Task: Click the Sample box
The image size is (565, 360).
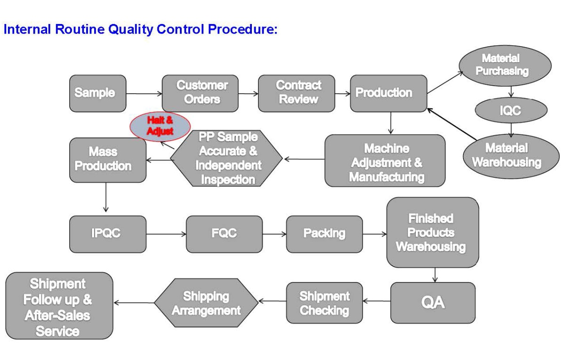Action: (98, 93)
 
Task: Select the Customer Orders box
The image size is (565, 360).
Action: (200, 93)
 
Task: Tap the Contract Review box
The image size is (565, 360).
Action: (297, 93)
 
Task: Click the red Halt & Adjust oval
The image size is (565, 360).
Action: (160, 126)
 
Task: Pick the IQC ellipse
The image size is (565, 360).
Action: (511, 110)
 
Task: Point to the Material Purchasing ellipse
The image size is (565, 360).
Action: (505, 65)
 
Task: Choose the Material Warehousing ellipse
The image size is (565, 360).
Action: (511, 156)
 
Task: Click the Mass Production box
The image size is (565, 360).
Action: (108, 160)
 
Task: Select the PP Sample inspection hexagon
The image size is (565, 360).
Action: (226, 158)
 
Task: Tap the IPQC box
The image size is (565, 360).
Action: (108, 234)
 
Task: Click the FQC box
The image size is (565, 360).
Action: (224, 234)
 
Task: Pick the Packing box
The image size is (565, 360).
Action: (324, 234)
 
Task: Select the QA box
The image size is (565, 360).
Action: (433, 303)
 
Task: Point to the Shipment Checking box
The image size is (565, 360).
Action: (324, 303)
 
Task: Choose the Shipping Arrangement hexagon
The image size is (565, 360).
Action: (206, 303)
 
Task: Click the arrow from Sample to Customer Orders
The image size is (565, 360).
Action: (144, 94)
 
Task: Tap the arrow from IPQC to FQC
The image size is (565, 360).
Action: (166, 234)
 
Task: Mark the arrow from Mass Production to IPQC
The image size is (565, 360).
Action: (106, 197)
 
